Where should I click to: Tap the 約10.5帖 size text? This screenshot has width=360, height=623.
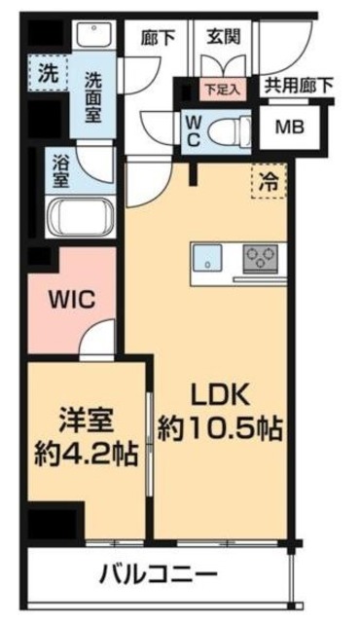pyautogui.click(x=224, y=425)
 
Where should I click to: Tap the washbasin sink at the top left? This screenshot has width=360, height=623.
pyautogui.click(x=95, y=34)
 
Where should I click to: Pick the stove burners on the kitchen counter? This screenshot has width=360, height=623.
pyautogui.click(x=259, y=258)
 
